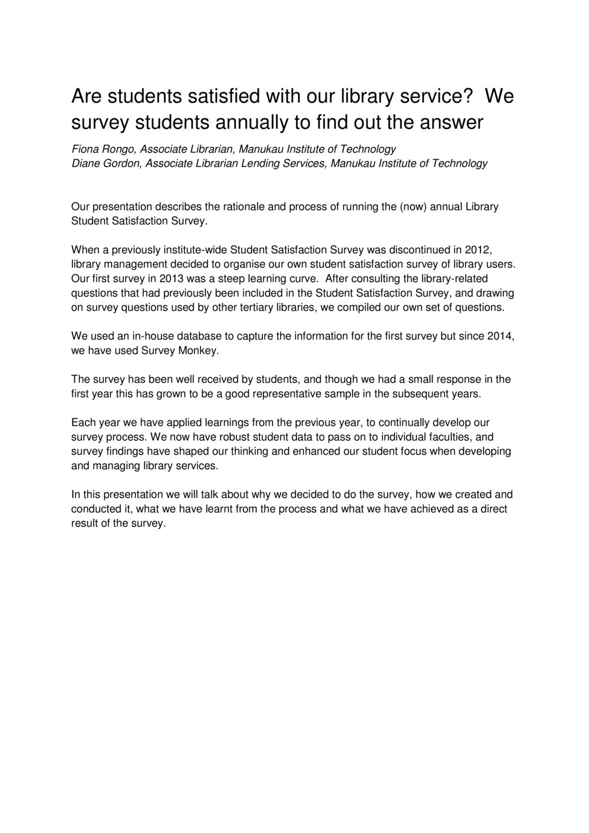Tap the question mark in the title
pyautogui.click(x=469, y=96)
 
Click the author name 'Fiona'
pyautogui.click(x=84, y=149)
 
